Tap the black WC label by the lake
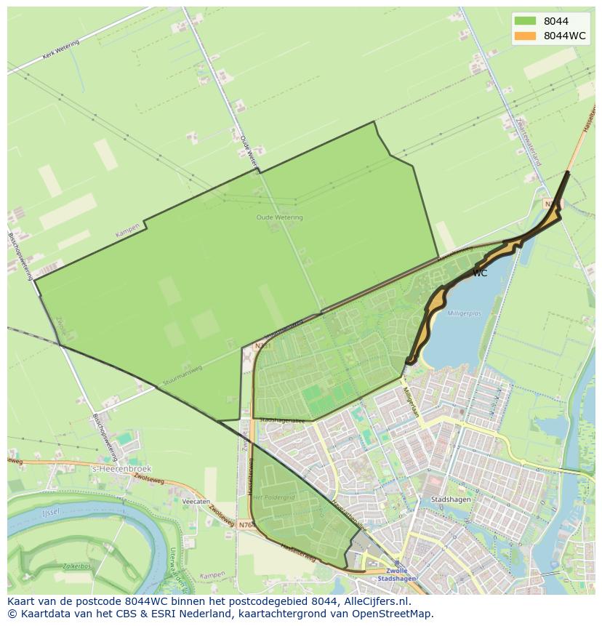pos(480,273)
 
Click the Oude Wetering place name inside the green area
pos(279,217)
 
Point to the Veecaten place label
pos(196,502)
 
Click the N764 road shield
pos(246,523)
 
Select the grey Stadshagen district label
pos(450,499)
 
